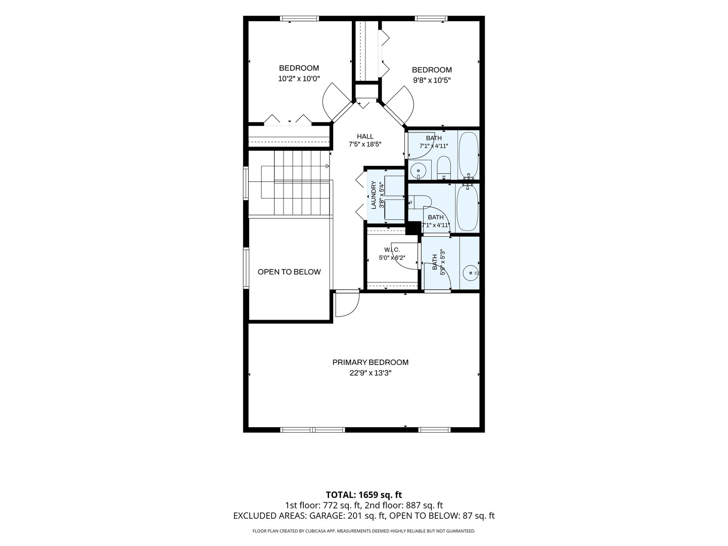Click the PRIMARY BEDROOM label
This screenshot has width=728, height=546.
(370, 362)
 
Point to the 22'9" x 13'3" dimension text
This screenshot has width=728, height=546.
(371, 373)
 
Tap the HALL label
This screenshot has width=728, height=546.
(365, 136)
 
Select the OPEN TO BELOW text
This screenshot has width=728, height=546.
(289, 272)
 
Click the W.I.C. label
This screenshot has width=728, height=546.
(392, 250)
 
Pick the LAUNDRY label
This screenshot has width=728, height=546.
(374, 195)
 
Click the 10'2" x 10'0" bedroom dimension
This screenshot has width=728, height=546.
(299, 78)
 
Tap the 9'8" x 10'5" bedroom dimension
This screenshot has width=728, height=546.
(432, 80)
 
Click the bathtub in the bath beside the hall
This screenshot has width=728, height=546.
(468, 155)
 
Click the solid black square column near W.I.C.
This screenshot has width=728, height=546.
(413, 229)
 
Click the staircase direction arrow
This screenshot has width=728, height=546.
(328, 166)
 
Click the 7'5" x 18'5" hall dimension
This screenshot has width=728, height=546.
(365, 145)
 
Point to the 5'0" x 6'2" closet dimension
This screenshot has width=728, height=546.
(392, 258)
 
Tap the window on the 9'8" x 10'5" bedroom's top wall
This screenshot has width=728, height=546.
(431, 19)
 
